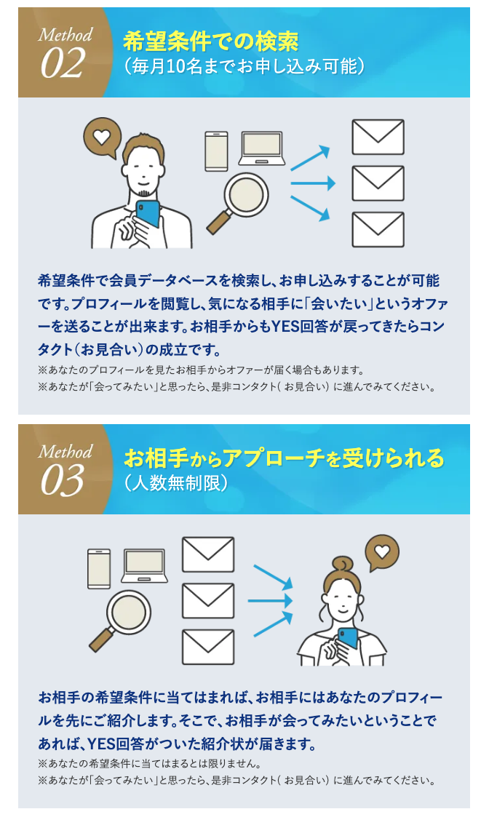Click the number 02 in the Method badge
pos(62,63)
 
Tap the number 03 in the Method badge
pos(62,480)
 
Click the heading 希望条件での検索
pos(210,41)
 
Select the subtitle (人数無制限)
pos(176,483)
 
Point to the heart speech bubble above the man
pos(102,138)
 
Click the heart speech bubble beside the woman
pos(382,552)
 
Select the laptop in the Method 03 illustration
pos(144,566)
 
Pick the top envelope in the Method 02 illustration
pos(378,137)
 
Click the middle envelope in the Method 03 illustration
pos(208,601)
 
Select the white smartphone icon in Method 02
pos(216,151)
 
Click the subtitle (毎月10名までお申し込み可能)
pos(244,67)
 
